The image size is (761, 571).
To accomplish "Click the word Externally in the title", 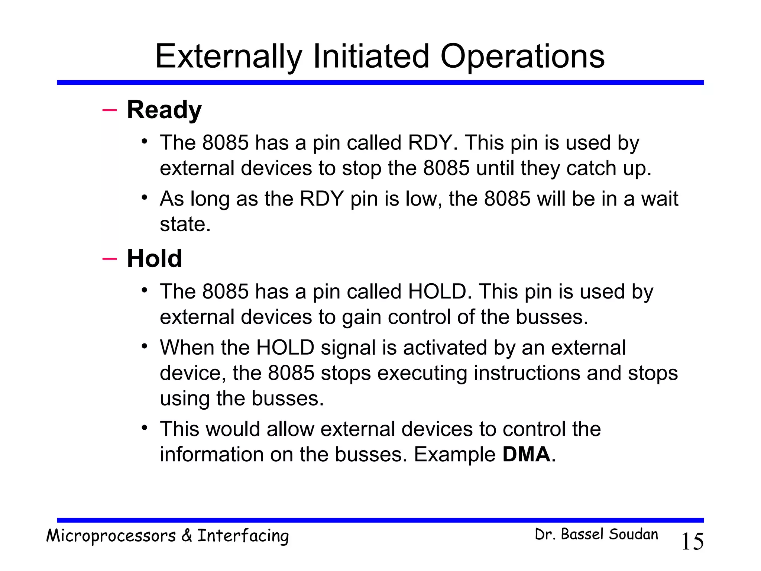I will [x=229, y=57].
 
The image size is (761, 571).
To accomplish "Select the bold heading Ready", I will [x=164, y=110].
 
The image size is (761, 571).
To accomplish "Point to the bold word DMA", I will [x=526, y=454].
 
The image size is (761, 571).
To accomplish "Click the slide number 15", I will [x=692, y=541].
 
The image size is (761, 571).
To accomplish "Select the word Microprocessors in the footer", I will [x=111, y=536].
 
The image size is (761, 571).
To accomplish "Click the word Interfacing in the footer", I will [x=243, y=536].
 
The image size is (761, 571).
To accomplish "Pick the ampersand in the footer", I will [x=187, y=536].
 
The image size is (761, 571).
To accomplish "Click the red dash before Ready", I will [x=109, y=110].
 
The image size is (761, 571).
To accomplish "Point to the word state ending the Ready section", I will [x=185, y=224].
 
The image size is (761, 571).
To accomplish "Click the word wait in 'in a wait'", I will [x=660, y=199].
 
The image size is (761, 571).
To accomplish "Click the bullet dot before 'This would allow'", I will [x=145, y=428].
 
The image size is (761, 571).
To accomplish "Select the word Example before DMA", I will [x=454, y=454].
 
